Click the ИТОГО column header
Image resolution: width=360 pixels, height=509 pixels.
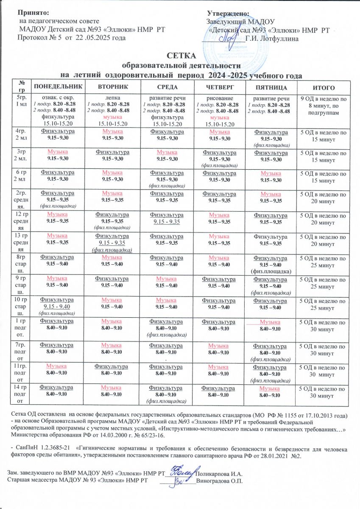coord(324,87)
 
